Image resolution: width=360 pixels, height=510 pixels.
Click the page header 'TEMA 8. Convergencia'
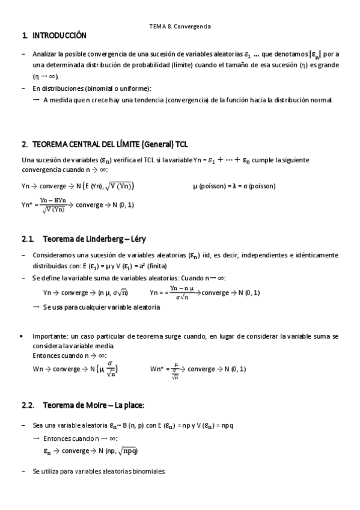point(180,26)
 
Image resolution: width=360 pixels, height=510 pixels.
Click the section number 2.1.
point(26,239)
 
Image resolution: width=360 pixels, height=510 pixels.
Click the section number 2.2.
point(28,405)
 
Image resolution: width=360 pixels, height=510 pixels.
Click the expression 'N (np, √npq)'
point(115,450)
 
